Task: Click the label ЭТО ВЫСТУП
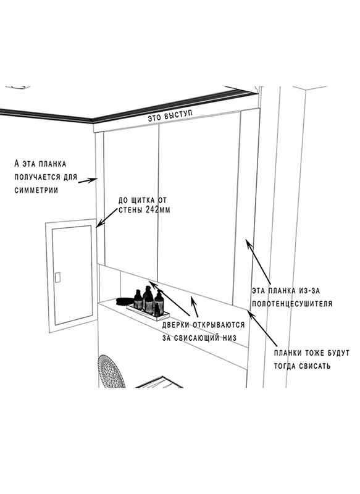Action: [x=170, y=116]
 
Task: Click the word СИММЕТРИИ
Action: [x=36, y=190]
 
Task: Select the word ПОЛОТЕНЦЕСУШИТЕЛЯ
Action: [x=292, y=304]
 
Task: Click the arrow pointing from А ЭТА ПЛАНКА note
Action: [x=88, y=181]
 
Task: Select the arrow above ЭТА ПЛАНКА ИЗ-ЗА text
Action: [x=257, y=261]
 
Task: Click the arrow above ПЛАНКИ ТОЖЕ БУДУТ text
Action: [x=262, y=329]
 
